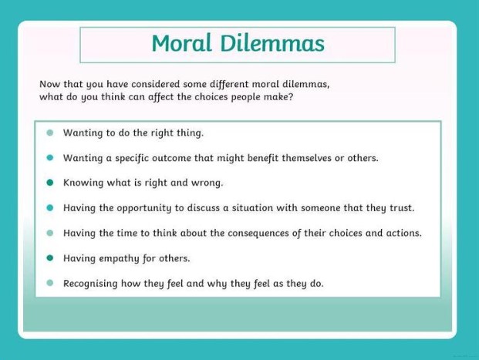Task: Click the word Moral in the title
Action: click(182, 43)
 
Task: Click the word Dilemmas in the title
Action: click(272, 43)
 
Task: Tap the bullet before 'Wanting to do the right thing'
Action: click(50, 133)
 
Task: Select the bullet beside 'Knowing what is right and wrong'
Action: click(50, 183)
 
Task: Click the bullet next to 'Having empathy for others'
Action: click(50, 258)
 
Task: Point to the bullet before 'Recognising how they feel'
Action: click(50, 283)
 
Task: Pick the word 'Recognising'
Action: click(90, 284)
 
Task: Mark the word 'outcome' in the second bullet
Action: click(171, 158)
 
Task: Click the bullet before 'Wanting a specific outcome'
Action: click(50, 157)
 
